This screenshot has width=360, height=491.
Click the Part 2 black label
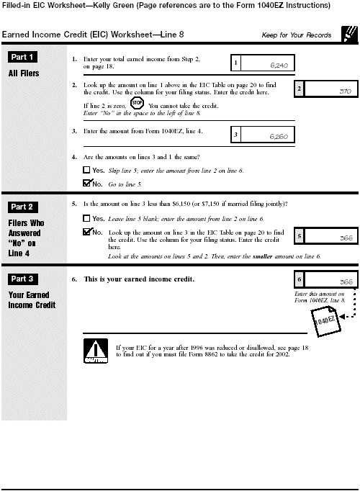tap(24, 207)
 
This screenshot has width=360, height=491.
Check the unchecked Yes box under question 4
tap(86, 171)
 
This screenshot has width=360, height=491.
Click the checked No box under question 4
tap(86, 184)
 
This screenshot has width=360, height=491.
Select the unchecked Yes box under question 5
tap(86, 218)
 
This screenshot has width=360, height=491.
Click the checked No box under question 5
tap(86, 233)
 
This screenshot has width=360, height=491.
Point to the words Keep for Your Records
tap(297, 35)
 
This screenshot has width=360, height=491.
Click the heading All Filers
tap(24, 73)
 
